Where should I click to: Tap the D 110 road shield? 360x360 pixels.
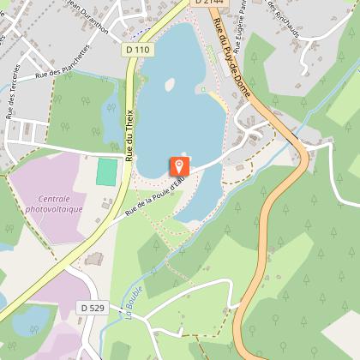[x=141, y=50]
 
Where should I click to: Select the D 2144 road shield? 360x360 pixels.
[x=202, y=3]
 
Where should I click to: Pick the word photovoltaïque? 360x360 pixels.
[x=54, y=208]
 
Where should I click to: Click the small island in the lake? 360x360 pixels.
[x=170, y=84]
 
